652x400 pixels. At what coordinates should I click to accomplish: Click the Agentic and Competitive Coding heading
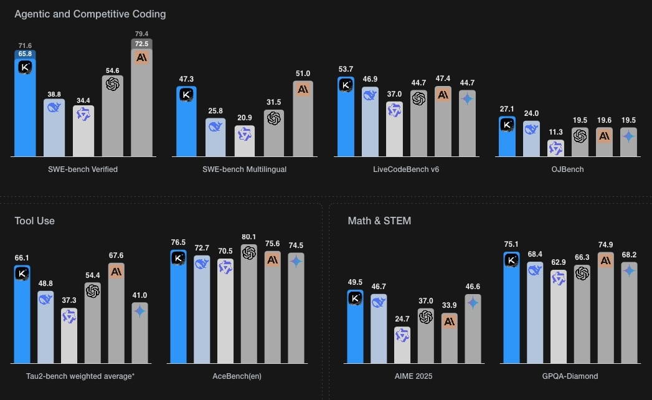(x=90, y=14)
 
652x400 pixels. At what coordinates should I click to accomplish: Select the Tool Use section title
(x=34, y=221)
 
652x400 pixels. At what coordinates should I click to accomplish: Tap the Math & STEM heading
(x=379, y=221)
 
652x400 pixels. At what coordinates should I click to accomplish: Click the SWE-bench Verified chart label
(x=83, y=169)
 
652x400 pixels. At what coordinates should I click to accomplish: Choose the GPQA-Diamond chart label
(x=570, y=376)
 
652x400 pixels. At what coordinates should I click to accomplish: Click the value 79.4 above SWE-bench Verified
(x=141, y=34)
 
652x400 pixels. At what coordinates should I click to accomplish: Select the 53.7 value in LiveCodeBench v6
(x=346, y=69)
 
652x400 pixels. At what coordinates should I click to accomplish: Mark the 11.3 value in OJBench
(x=555, y=132)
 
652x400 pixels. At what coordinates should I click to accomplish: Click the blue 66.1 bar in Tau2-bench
(x=22, y=318)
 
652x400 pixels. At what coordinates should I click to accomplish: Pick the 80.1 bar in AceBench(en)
(x=249, y=305)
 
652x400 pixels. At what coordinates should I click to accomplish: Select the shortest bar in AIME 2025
(x=403, y=345)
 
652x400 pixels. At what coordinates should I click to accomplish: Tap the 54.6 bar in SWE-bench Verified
(x=113, y=118)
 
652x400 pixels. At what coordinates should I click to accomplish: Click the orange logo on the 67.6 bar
(x=116, y=270)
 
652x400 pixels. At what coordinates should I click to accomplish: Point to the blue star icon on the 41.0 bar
(x=139, y=310)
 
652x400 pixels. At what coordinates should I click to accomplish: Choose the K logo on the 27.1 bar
(x=508, y=125)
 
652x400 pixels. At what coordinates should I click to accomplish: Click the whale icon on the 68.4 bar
(x=535, y=269)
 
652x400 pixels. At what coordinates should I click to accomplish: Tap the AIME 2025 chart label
(x=414, y=376)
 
